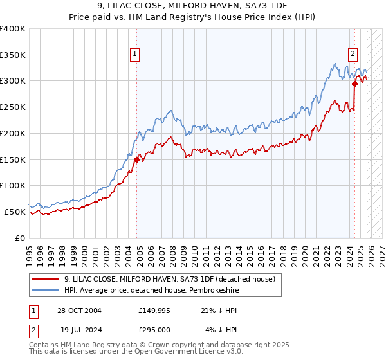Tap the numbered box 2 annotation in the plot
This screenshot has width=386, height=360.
click(353, 55)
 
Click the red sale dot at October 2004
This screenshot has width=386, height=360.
click(137, 160)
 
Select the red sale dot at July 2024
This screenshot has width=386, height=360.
click(354, 83)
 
